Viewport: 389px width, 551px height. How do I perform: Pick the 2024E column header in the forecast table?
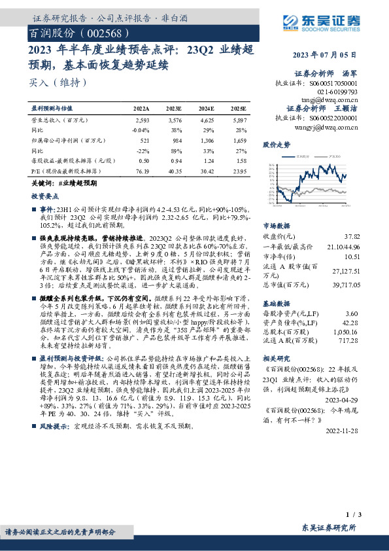[x=207, y=108]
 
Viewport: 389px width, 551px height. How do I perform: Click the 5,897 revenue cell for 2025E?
[x=239, y=121]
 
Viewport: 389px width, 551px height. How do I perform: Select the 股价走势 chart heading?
[x=276, y=143]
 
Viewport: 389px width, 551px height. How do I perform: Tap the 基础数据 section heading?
[x=276, y=304]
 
